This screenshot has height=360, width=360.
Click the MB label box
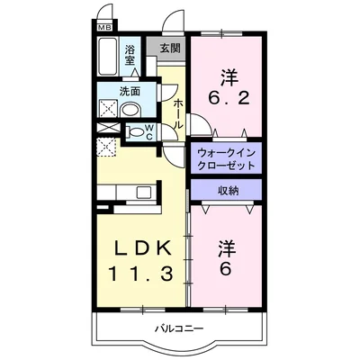tap(103, 28)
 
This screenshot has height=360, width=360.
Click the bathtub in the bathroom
tap(109, 59)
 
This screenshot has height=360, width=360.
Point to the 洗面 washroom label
tap(130, 90)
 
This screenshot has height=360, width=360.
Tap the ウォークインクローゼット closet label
tap(226, 159)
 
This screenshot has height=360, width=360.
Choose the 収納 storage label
tap(226, 190)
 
